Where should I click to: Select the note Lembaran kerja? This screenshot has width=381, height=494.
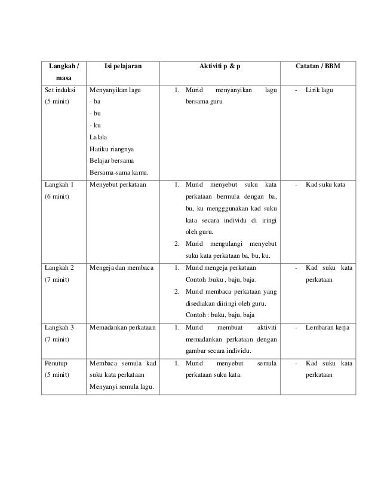(327, 327)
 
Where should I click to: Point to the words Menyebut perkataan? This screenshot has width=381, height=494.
(118, 185)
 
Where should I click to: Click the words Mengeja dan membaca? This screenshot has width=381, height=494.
(121, 268)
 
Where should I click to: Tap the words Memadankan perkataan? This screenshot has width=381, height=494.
(122, 327)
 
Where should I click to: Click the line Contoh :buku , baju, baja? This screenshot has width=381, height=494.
(221, 280)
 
